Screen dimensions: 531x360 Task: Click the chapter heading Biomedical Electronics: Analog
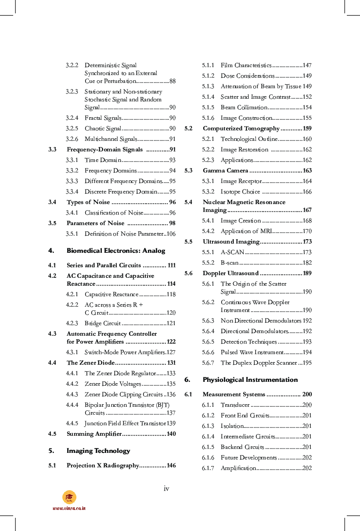coord(116,251)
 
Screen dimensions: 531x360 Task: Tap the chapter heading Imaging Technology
coord(98,451)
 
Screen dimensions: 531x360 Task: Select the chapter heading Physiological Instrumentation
coord(250,380)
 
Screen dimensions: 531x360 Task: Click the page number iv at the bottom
coord(166,488)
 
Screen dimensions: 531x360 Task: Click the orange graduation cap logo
coord(69,497)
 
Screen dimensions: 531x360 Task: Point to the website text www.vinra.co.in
coord(69,508)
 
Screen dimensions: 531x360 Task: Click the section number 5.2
coord(189,129)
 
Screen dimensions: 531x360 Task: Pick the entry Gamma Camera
coord(225,171)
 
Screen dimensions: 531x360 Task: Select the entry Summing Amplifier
coord(94,434)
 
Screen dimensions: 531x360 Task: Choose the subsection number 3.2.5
coord(72,129)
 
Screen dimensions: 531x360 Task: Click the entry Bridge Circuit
coord(103,323)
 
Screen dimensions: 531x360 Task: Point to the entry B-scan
coord(230,263)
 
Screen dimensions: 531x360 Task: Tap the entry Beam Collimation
coord(244,108)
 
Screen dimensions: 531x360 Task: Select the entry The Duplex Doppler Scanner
coord(259,363)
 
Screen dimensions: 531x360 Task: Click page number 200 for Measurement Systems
coord(307,395)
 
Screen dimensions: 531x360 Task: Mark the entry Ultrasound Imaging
coord(231,242)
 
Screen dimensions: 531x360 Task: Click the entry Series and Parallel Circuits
coord(104,265)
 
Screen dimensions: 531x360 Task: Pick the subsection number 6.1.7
coord(208,468)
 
